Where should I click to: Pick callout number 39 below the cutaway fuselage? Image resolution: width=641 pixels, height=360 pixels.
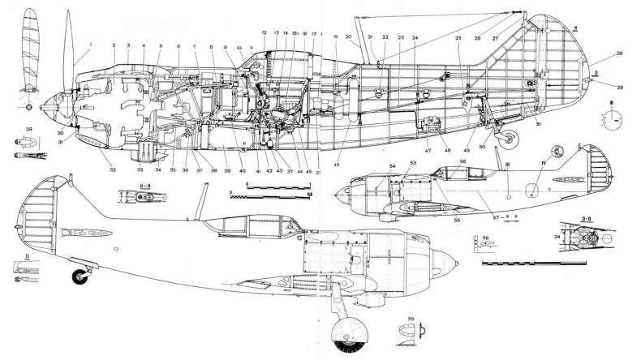pyautogui.click(x=228, y=171)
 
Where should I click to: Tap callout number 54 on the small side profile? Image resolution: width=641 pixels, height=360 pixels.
pyautogui.click(x=391, y=166)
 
